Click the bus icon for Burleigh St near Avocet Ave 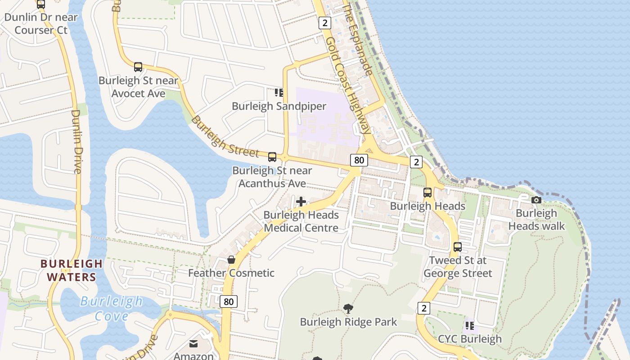pyautogui.click(x=138, y=67)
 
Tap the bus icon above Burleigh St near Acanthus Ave pyautogui.click(x=272, y=157)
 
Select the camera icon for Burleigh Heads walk pyautogui.click(x=536, y=200)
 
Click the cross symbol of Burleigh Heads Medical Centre pyautogui.click(x=301, y=202)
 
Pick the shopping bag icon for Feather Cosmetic pyautogui.click(x=231, y=260)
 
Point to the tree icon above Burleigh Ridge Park pyautogui.click(x=348, y=308)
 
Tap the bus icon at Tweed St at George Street pyautogui.click(x=458, y=247)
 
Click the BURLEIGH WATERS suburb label pyautogui.click(x=72, y=270)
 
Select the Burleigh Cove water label pyautogui.click(x=112, y=309)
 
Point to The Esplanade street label pyautogui.click(x=358, y=40)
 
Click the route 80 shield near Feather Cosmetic pyautogui.click(x=229, y=301)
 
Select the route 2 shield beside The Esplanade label pyautogui.click(x=325, y=23)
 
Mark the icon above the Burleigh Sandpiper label pyautogui.click(x=279, y=93)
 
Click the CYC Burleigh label pyautogui.click(x=470, y=339)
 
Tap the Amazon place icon pyautogui.click(x=193, y=344)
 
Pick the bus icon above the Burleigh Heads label pyautogui.click(x=427, y=193)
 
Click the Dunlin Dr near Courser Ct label pyautogui.click(x=41, y=24)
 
